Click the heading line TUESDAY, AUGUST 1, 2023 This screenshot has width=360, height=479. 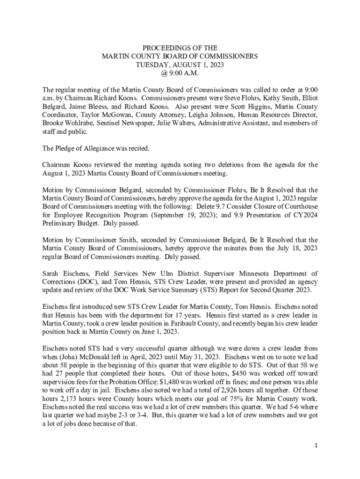click(x=180, y=65)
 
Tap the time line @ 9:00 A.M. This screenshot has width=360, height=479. click(x=180, y=73)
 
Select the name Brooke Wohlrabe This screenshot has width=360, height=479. click(x=65, y=123)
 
